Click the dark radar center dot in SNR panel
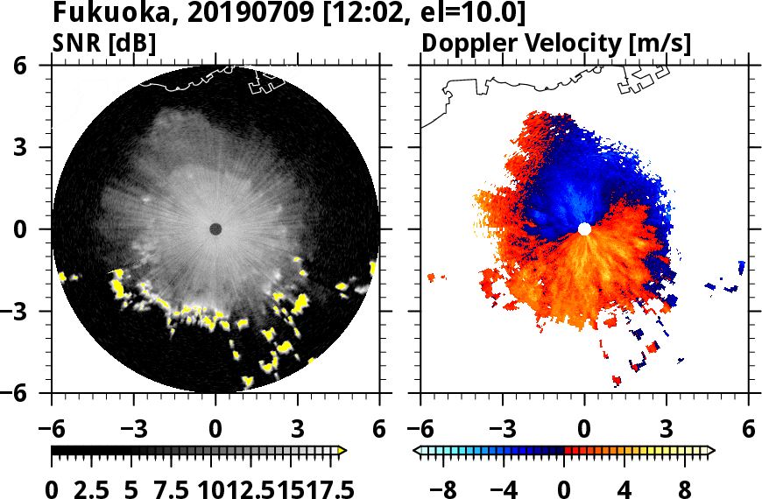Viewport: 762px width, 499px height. (x=215, y=229)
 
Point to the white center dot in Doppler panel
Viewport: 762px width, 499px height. (x=584, y=229)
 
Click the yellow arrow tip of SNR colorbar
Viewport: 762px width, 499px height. (x=343, y=451)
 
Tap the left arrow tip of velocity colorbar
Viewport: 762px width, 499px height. (x=417, y=451)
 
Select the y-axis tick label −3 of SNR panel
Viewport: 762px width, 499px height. (x=28, y=312)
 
